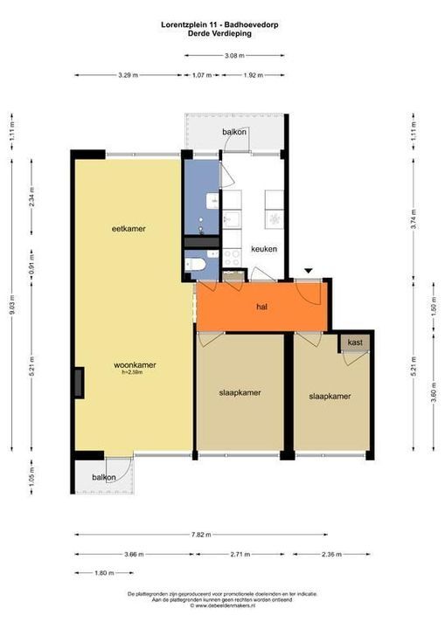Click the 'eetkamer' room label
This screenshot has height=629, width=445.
tap(128, 229)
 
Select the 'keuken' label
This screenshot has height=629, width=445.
tap(263, 249)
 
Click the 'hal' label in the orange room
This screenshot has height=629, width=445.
tap(261, 308)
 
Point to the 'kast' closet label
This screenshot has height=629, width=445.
tap(355, 342)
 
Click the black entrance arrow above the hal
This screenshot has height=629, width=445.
tap(307, 272)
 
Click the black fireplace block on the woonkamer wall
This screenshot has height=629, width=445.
tap(79, 381)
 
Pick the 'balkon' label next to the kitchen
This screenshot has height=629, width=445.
tap(233, 133)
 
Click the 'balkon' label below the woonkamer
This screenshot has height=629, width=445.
tap(105, 478)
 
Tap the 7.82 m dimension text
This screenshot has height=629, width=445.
tap(201, 534)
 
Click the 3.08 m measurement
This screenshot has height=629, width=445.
tap(233, 56)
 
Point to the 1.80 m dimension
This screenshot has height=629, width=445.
tap(104, 574)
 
